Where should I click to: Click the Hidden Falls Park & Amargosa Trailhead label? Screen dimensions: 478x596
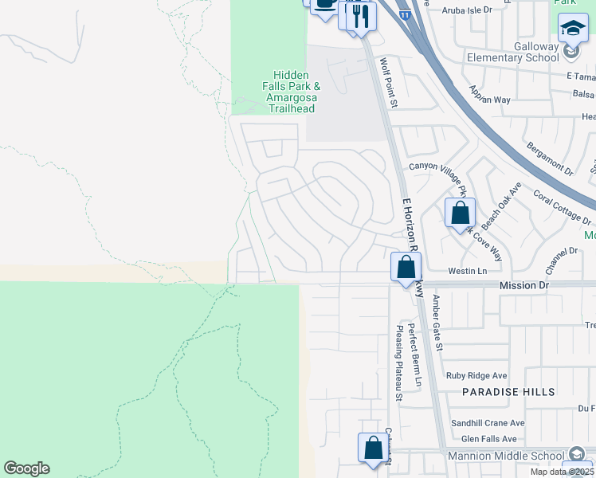[291, 91]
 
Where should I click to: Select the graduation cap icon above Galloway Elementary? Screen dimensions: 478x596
[572, 29]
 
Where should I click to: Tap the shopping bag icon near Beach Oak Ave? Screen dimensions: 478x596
[461, 214]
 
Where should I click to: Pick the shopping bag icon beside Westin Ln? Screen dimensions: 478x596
[406, 267]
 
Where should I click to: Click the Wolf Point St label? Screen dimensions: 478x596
[388, 82]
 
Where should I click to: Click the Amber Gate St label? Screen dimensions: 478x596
[436, 322]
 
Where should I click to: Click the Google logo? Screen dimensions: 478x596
[26, 468]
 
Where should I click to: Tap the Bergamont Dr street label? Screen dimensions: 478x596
[550, 159]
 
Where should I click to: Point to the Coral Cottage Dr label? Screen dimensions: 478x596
[562, 208]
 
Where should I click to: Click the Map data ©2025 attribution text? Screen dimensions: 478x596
[561, 472]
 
